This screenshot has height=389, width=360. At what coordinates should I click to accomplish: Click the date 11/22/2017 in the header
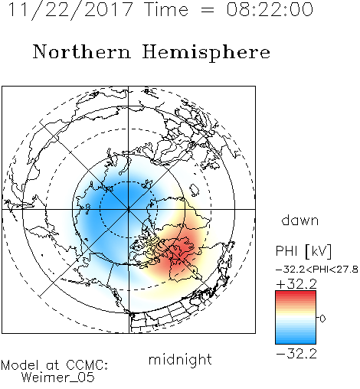[70, 9]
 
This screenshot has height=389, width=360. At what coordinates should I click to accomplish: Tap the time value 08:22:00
[270, 9]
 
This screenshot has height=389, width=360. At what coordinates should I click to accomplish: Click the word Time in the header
[166, 9]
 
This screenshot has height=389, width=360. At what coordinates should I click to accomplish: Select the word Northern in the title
[82, 51]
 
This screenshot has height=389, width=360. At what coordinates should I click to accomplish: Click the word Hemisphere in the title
[206, 52]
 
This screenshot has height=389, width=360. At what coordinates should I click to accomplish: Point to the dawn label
[300, 220]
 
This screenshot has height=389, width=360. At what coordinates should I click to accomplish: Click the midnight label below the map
[180, 360]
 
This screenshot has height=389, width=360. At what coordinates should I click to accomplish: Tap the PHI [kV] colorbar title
[303, 251]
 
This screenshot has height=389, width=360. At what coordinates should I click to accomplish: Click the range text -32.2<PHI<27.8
[317, 270]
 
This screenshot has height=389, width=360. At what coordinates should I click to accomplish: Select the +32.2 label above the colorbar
[296, 284]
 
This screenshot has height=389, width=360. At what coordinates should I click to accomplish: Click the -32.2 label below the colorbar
[296, 354]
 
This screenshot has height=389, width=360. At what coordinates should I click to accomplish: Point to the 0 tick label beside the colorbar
[322, 319]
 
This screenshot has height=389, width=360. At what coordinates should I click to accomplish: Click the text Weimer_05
[58, 378]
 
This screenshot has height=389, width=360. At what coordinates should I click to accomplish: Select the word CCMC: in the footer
[87, 365]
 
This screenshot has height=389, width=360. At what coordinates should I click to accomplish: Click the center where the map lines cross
[129, 209]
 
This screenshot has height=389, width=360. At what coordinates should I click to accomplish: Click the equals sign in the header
[207, 10]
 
